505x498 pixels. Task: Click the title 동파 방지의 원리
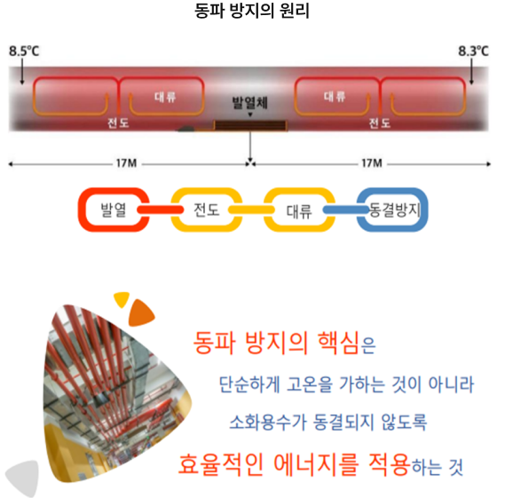(x=252, y=11)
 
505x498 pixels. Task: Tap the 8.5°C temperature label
(x=24, y=51)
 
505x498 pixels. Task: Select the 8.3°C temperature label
(x=473, y=51)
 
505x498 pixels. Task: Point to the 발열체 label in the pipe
(x=250, y=103)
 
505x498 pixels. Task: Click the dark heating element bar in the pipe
(x=250, y=125)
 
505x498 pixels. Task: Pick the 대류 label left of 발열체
(x=165, y=97)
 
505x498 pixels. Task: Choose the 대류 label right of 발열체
(x=335, y=96)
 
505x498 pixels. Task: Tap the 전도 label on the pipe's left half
(x=118, y=123)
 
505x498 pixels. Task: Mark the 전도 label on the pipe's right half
(x=380, y=123)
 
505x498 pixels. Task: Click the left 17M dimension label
(x=126, y=163)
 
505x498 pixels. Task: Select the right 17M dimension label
(x=372, y=163)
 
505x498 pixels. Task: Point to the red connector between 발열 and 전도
(x=160, y=210)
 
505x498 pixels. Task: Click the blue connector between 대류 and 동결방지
(x=346, y=210)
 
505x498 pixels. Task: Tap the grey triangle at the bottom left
(x=24, y=478)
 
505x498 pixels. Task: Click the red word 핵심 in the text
(x=338, y=343)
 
